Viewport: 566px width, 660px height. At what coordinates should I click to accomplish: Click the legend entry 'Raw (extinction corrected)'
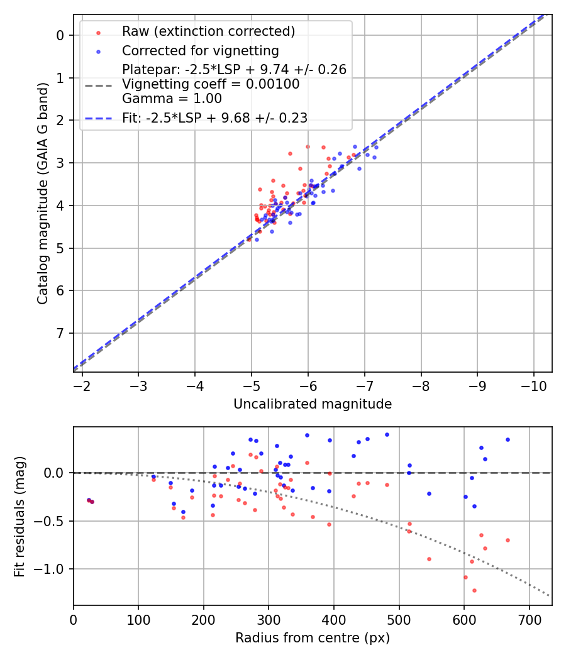(x=208, y=31)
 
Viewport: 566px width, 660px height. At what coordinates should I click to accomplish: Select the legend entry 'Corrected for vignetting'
(x=200, y=50)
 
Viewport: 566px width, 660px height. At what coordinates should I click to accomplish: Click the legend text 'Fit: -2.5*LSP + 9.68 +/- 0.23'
(x=214, y=118)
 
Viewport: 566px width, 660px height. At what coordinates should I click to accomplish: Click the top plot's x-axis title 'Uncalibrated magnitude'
(x=313, y=404)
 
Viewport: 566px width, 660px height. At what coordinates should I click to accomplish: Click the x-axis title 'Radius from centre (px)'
(x=313, y=638)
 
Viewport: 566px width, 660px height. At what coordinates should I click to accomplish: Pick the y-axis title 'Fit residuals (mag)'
(x=19, y=516)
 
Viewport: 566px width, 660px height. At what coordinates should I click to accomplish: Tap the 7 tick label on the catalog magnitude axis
(x=60, y=333)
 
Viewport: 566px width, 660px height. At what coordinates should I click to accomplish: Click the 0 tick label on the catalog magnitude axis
(x=60, y=35)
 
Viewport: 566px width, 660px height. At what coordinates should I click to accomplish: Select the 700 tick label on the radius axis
(x=529, y=619)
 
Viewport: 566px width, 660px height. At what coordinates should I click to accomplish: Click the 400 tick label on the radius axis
(x=334, y=619)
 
